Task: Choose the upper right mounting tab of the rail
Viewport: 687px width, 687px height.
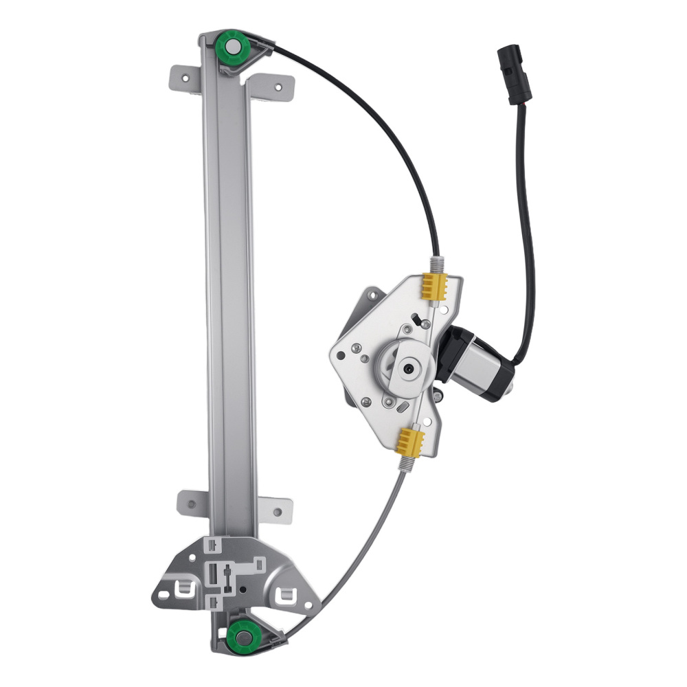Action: [275, 87]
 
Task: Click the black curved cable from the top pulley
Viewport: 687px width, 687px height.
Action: [385, 124]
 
